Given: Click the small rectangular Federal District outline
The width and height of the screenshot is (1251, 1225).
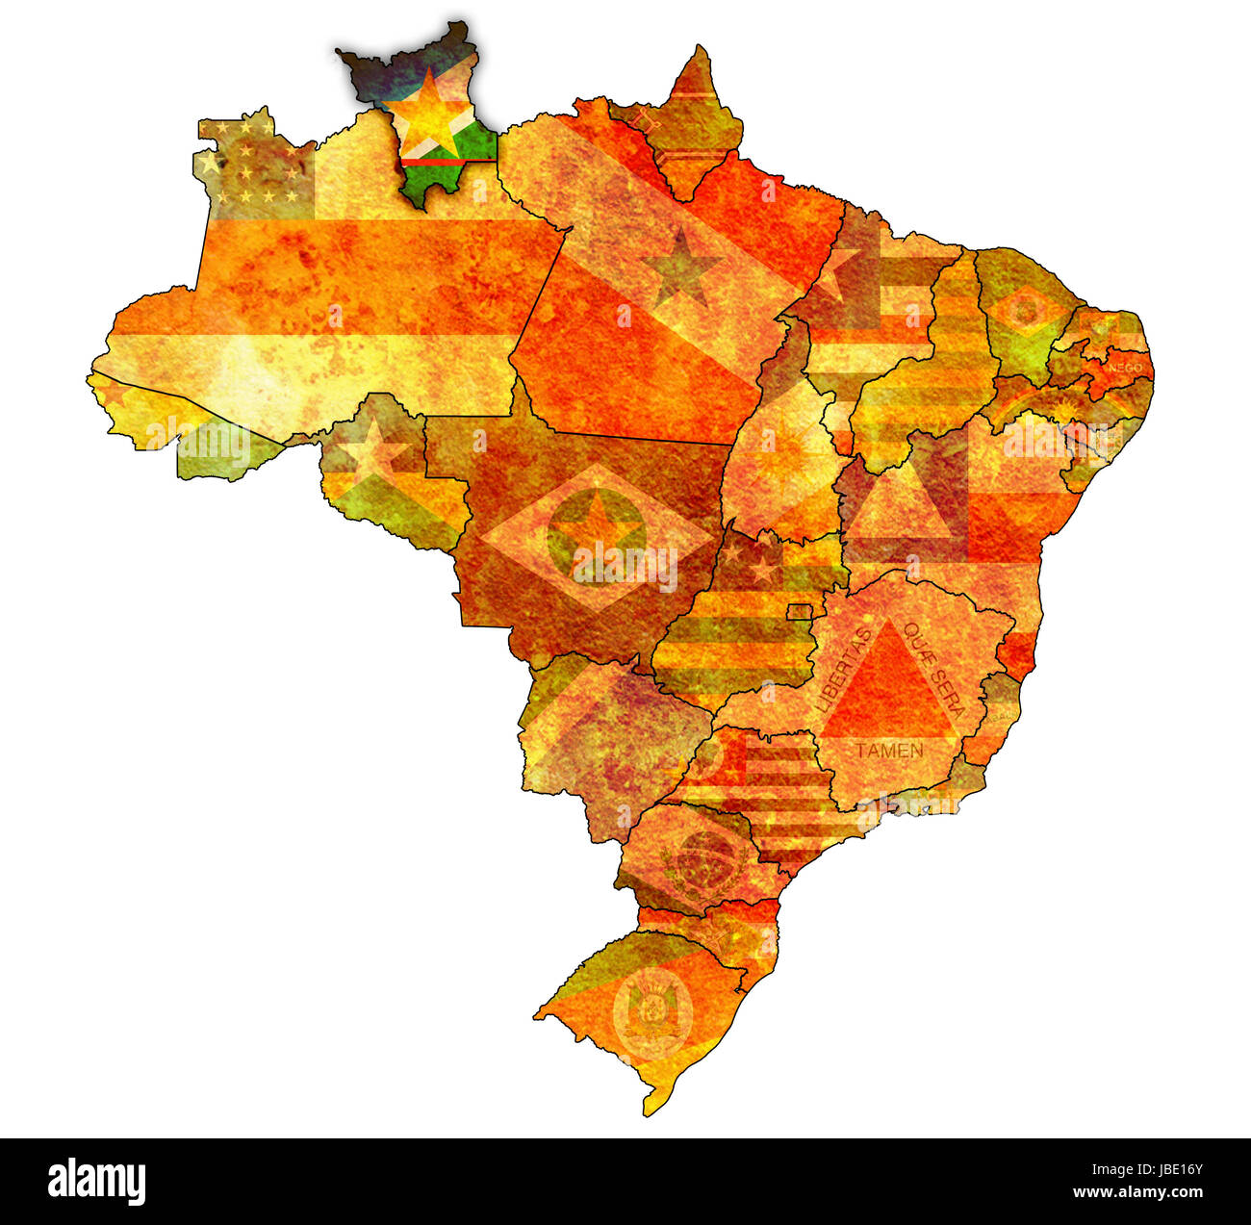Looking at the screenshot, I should tap(800, 612).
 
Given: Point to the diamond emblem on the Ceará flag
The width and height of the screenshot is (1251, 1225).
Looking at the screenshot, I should tap(1026, 311).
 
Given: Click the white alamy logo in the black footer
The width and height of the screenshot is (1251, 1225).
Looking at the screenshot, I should tap(96, 1181).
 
